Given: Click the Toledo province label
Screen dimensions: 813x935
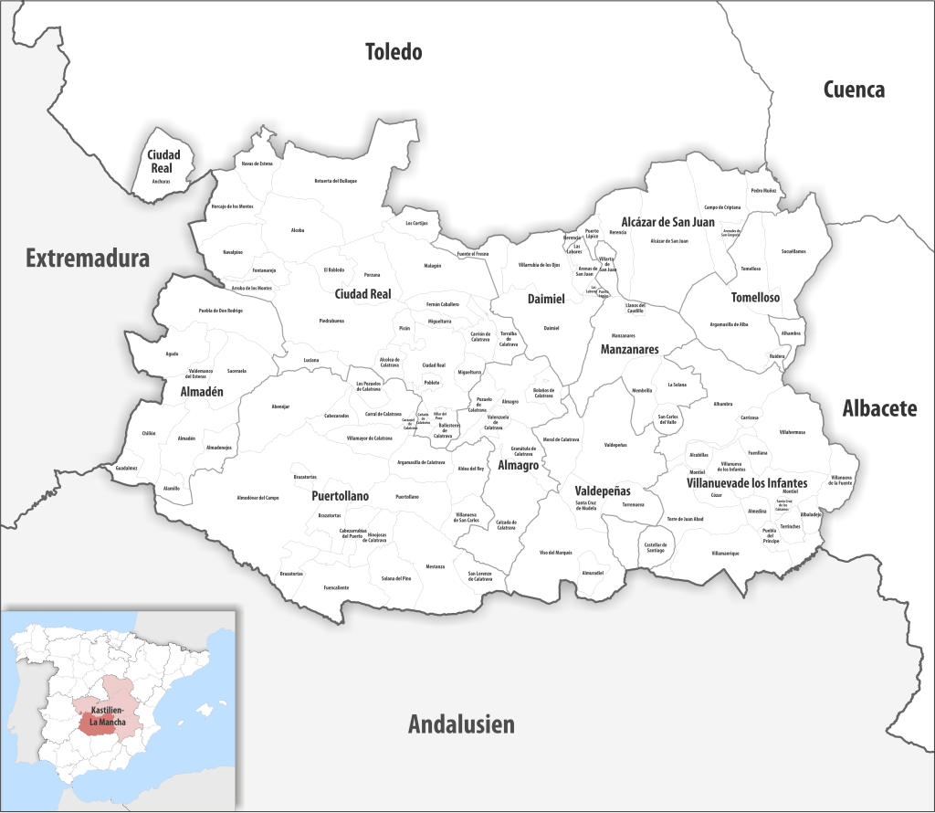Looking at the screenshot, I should tap(394, 51).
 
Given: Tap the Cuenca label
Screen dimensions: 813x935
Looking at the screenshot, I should tap(854, 90).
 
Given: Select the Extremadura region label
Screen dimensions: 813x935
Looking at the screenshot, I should tap(87, 259).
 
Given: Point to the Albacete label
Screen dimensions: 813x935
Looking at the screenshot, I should tap(879, 408).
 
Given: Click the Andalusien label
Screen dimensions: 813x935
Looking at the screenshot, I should tap(461, 725).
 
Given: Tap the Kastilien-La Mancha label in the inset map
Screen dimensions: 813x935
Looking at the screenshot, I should tap(102, 716).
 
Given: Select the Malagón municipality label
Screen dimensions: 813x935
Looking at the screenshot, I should tap(432, 266).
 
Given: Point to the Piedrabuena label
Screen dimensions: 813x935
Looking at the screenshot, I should tap(331, 321).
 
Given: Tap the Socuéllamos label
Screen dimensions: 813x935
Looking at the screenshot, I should tap(793, 250).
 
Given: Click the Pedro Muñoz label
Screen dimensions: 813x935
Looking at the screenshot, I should tap(763, 191).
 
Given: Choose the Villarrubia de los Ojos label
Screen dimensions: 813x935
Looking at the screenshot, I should tap(539, 265).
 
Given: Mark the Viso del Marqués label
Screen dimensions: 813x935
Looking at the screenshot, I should tap(555, 553).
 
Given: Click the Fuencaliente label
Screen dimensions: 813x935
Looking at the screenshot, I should tap(336, 587).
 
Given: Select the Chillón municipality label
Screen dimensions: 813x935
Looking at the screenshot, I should tap(149, 433).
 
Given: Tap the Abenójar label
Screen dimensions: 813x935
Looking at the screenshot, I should tap(280, 406).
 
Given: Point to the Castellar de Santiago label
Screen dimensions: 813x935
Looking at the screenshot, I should tap(655, 546).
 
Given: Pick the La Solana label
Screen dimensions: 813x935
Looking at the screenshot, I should tap(677, 385).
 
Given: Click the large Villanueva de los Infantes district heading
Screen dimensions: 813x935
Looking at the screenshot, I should tap(747, 482).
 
